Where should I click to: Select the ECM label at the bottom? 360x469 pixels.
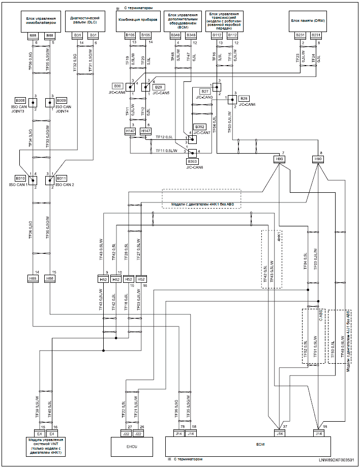(260, 443)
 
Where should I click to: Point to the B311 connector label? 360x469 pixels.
(61, 179)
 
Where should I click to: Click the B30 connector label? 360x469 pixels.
(118, 86)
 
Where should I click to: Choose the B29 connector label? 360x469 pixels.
(158, 87)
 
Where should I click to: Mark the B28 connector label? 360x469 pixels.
(244, 98)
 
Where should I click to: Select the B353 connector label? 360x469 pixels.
(194, 161)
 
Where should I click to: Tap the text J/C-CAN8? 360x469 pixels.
(195, 167)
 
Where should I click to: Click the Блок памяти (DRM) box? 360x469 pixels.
(308, 21)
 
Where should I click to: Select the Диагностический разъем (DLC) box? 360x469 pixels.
(85, 21)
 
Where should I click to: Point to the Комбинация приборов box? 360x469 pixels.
(138, 21)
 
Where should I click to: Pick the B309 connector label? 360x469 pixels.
(61, 100)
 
